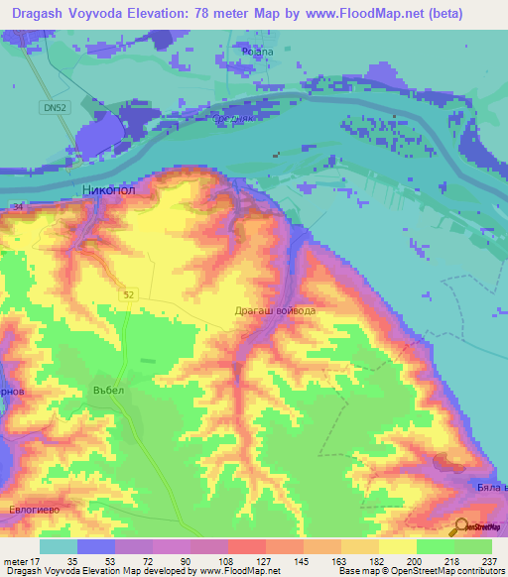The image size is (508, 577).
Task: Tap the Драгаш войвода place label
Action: [x=275, y=311]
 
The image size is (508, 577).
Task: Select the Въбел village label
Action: [x=108, y=390]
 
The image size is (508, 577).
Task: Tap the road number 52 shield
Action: [x=130, y=294]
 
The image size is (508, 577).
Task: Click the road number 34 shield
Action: [x=17, y=206]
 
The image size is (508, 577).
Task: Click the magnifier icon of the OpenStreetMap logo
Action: [x=461, y=527]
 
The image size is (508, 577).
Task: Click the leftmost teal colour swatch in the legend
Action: [x=58, y=546]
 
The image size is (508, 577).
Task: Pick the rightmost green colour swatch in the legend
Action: [x=473, y=546]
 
